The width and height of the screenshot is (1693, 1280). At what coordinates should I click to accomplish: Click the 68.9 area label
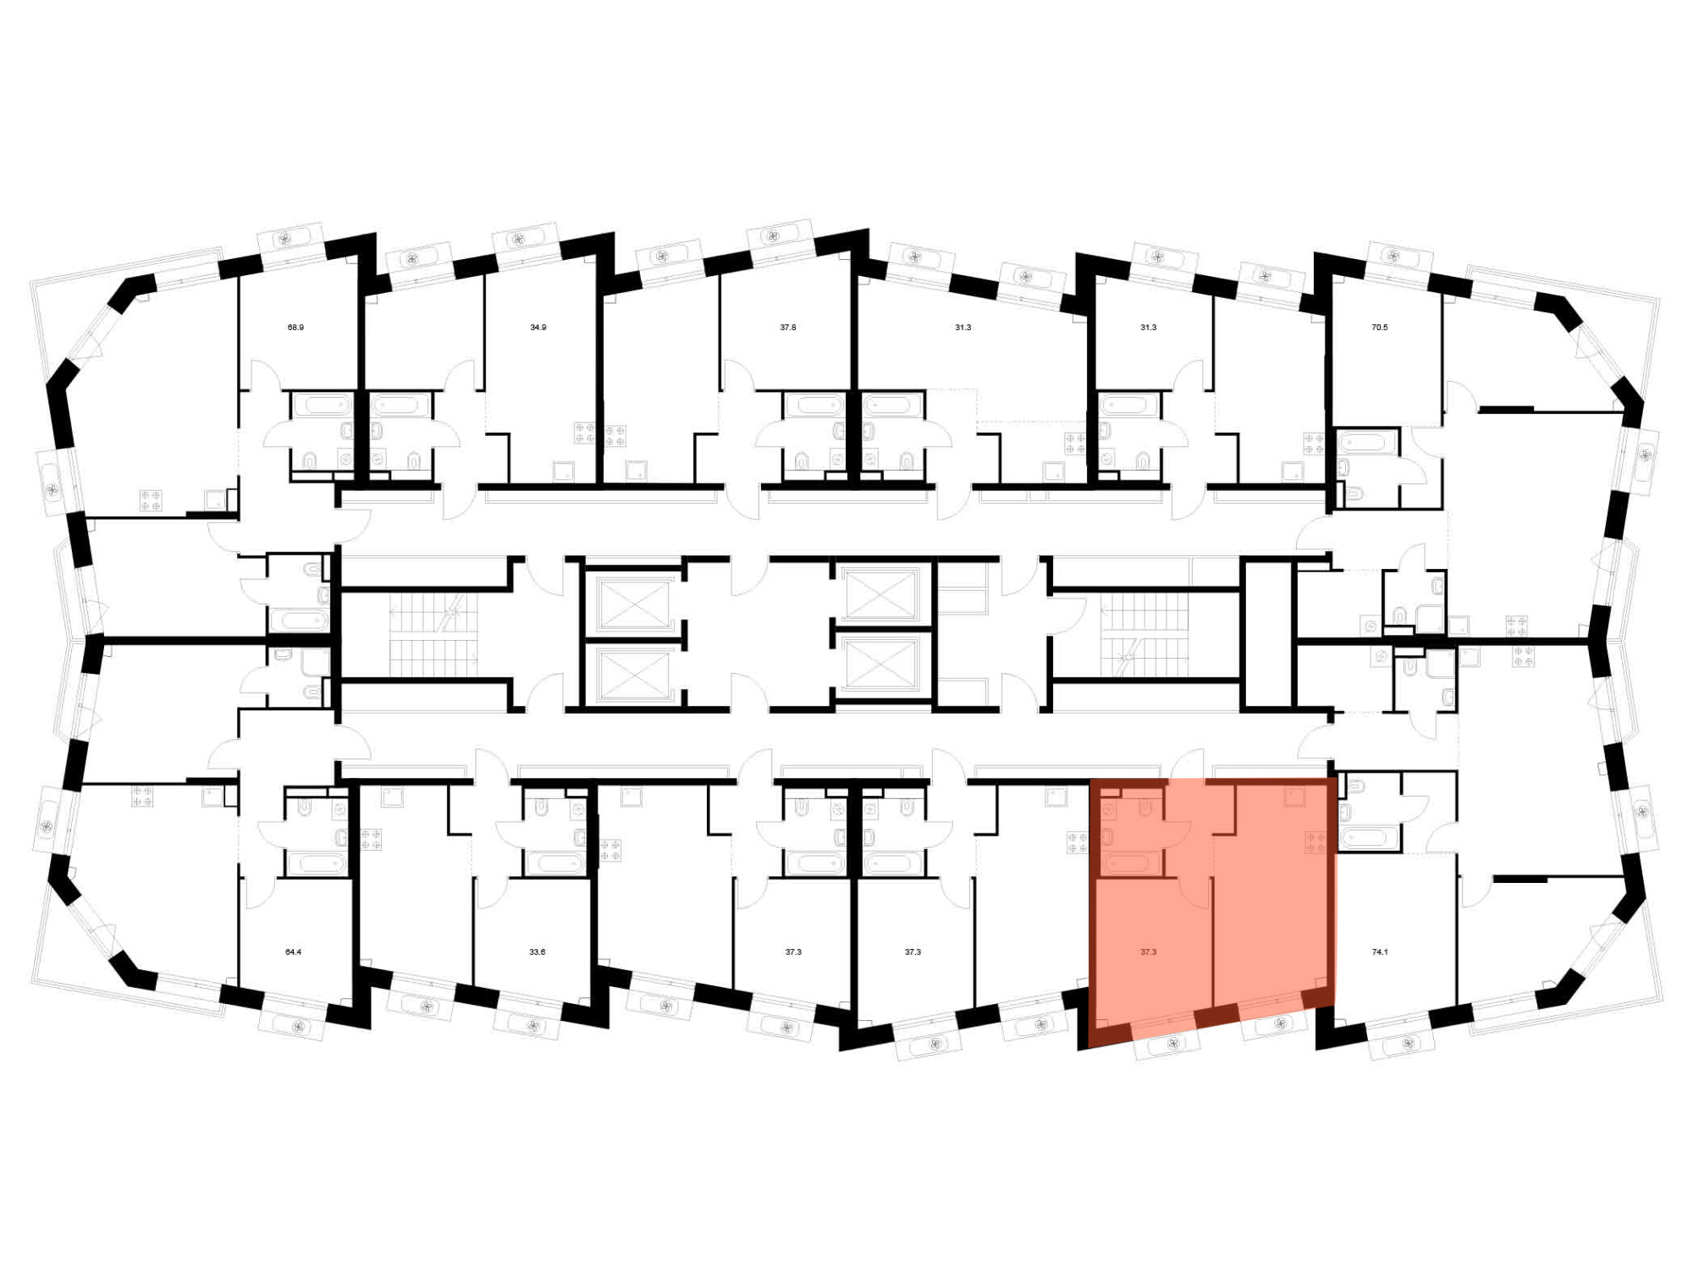click(x=295, y=327)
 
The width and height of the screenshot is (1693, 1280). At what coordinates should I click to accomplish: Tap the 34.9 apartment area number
click(x=538, y=327)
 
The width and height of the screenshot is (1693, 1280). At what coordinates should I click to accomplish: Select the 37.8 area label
click(x=788, y=327)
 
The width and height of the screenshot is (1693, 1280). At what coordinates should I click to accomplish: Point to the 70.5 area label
click(x=1380, y=327)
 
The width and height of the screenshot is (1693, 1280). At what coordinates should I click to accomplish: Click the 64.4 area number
click(x=293, y=952)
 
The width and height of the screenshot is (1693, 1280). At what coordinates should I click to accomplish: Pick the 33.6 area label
click(x=538, y=952)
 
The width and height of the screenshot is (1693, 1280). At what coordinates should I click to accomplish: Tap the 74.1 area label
click(x=1380, y=952)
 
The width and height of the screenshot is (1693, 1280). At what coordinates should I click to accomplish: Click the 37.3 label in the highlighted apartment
click(x=1149, y=952)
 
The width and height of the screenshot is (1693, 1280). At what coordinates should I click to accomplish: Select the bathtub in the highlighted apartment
click(x=1129, y=863)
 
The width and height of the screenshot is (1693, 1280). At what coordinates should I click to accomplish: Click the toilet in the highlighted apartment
click(x=1145, y=808)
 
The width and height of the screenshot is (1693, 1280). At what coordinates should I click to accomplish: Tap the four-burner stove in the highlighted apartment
click(x=1315, y=841)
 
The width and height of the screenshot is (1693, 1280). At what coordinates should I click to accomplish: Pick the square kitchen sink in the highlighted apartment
click(x=1293, y=797)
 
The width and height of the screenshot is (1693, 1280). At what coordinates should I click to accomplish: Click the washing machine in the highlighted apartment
click(x=1110, y=810)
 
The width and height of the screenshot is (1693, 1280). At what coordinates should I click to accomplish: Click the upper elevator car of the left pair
click(x=632, y=602)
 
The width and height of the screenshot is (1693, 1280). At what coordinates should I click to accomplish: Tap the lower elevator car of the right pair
click(x=881, y=664)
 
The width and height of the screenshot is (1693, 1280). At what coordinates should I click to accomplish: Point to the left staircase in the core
click(x=433, y=634)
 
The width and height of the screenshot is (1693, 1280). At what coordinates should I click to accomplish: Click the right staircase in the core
click(x=1144, y=634)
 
